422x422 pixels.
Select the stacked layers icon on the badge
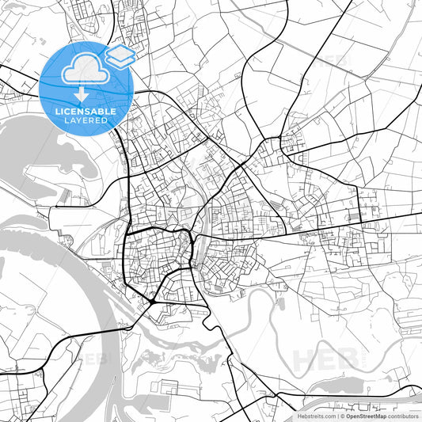(x=119, y=56)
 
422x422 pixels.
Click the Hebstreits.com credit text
(x=316, y=415)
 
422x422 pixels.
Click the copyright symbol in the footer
(x=342, y=415)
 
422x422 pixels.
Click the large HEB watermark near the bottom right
(x=325, y=359)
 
